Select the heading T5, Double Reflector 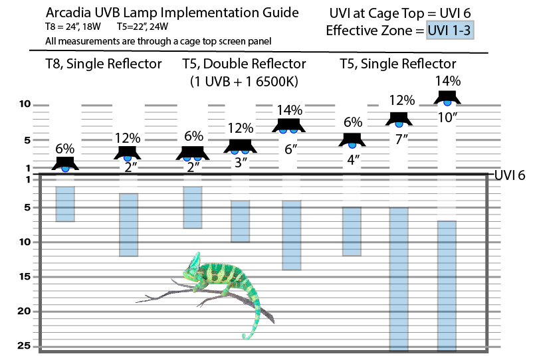click(x=244, y=64)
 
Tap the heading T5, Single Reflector click(x=398, y=64)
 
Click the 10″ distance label click(x=447, y=118)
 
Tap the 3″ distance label click(x=241, y=161)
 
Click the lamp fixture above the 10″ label click(x=447, y=98)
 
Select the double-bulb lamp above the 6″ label click(x=288, y=125)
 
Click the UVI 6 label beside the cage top click(x=510, y=175)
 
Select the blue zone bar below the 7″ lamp click(x=399, y=279)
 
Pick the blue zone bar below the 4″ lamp click(x=352, y=231)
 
